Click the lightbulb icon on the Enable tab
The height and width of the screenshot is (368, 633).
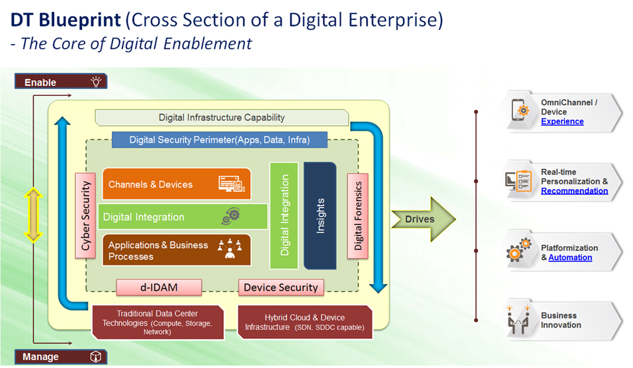click(96, 81)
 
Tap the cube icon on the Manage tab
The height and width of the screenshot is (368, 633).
click(96, 356)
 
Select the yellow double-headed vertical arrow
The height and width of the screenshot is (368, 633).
click(33, 215)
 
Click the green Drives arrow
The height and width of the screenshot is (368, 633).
click(423, 219)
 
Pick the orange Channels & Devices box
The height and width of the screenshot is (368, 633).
click(176, 184)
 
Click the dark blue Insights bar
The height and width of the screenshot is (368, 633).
click(319, 216)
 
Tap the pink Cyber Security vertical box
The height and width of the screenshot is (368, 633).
click(86, 216)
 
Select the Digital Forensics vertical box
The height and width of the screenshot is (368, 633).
click(357, 216)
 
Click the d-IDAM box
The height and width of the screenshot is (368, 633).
click(159, 287)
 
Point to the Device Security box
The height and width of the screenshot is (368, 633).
click(281, 287)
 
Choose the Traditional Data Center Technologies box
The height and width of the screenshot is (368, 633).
click(158, 322)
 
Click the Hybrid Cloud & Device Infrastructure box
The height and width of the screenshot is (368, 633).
click(305, 322)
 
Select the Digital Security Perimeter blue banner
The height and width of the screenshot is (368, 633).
click(220, 140)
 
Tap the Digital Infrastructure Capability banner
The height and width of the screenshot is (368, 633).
click(222, 117)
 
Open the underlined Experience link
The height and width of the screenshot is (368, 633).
click(562, 122)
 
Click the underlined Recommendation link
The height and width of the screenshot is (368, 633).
click(574, 191)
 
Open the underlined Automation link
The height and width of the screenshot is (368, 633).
click(570, 258)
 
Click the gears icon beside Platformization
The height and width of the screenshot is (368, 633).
click(519, 250)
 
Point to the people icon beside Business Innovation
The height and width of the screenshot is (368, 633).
click(519, 319)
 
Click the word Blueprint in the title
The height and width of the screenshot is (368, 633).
click(80, 20)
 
